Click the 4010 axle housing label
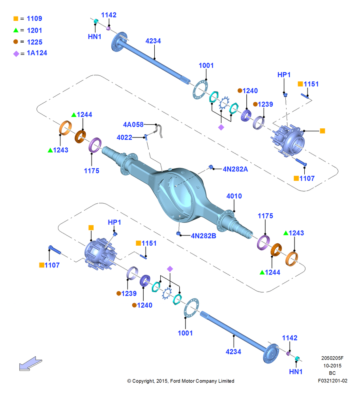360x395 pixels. coord(234,196)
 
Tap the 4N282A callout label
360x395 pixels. coord(235,169)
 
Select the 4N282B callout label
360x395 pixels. coord(203,236)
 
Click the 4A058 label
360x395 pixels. coord(133,124)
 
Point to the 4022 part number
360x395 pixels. coord(124,137)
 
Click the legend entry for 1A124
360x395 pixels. coord(30,53)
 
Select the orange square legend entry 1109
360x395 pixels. coord(28,19)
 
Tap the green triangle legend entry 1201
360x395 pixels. coord(28,30)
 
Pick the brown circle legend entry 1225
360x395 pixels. coord(28,42)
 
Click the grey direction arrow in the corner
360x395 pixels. coord(30,363)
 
